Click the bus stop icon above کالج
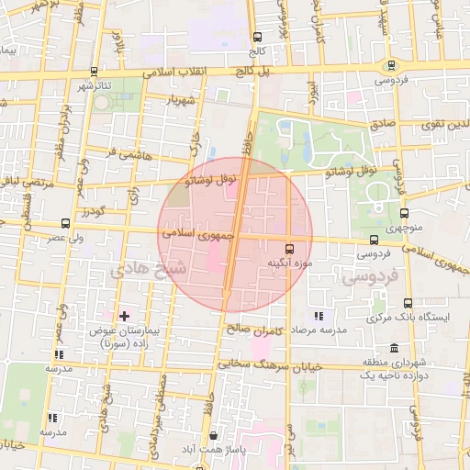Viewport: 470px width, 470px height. point(256,38)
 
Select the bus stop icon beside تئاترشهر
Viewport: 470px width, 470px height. point(96,70)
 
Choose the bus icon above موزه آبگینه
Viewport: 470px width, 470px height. point(290,249)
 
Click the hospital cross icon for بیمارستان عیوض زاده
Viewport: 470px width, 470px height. point(124,316)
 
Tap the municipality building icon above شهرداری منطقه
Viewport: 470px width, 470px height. point(394,350)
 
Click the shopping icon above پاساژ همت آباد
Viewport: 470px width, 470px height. point(214,435)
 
